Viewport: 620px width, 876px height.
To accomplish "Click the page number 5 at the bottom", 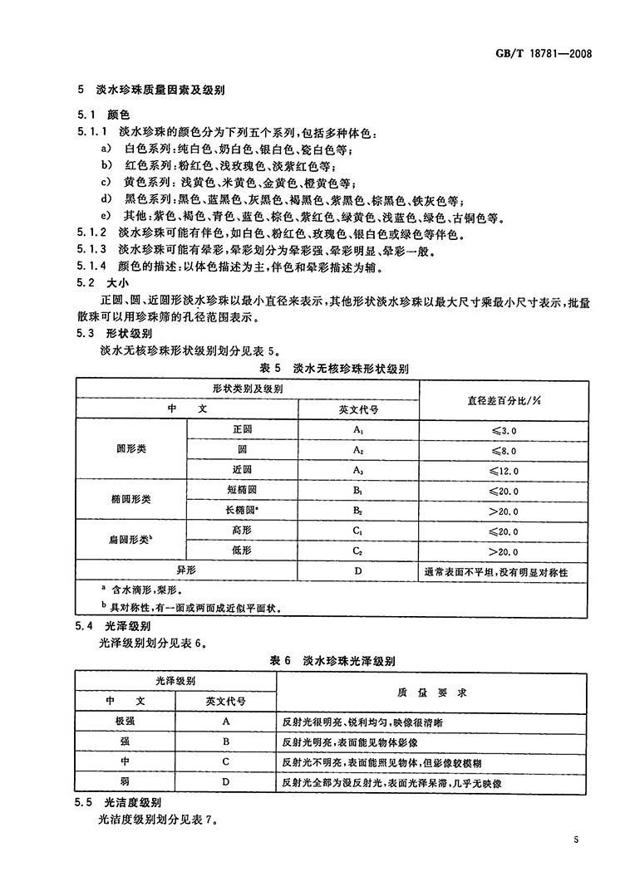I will tap(575, 839).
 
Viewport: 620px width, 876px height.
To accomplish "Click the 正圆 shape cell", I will tap(242, 431).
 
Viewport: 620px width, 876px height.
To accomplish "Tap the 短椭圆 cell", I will tap(242, 491).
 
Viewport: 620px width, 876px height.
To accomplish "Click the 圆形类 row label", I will tap(132, 450).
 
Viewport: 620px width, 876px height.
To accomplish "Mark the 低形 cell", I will tap(242, 551).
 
